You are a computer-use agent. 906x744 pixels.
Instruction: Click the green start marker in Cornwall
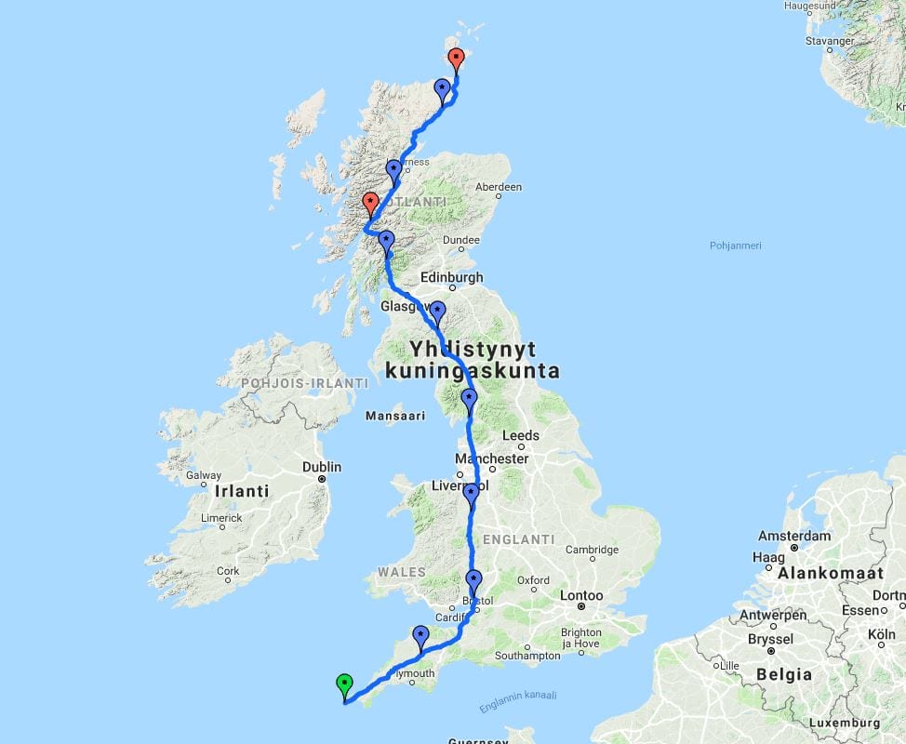pyautogui.click(x=345, y=686)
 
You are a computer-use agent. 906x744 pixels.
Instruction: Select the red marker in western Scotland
pyautogui.click(x=370, y=203)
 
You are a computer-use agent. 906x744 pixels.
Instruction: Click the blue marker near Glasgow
pyautogui.click(x=437, y=312)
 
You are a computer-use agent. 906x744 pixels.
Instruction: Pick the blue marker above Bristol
pyautogui.click(x=473, y=581)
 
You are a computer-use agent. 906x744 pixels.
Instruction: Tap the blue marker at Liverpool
pyautogui.click(x=471, y=494)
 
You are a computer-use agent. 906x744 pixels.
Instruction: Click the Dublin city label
pyautogui.click(x=321, y=467)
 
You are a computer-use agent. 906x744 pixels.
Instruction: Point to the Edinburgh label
pyautogui.click(x=452, y=277)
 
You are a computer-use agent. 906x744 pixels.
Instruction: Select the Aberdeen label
pyautogui.click(x=498, y=187)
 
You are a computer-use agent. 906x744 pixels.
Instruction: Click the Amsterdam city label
pyautogui.click(x=793, y=536)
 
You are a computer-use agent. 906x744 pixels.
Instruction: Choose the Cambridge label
pyautogui.click(x=593, y=550)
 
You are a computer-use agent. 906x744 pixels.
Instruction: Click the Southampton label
pyautogui.click(x=527, y=656)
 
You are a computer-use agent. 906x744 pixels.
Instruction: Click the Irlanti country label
pyautogui.click(x=241, y=491)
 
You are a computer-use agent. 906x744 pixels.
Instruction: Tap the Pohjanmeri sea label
pyautogui.click(x=736, y=246)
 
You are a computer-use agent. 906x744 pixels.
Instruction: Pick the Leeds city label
pyautogui.click(x=520, y=435)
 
